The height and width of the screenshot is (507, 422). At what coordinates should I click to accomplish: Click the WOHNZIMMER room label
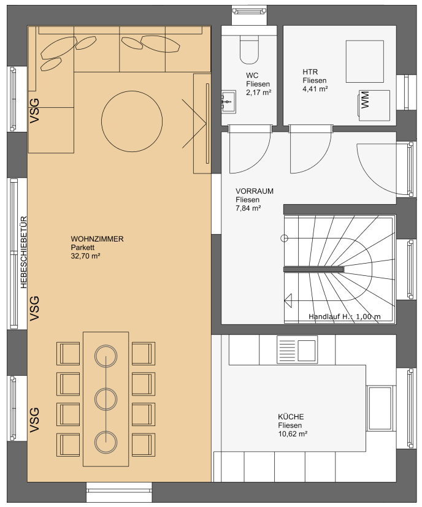97,239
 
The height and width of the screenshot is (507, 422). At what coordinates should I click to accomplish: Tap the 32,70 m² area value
85,256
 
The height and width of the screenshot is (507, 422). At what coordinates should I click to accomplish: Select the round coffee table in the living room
132,121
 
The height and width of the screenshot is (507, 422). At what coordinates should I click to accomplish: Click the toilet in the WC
249,49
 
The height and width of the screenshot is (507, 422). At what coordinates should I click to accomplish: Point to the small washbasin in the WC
229,102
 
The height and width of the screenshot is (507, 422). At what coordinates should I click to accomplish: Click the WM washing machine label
365,100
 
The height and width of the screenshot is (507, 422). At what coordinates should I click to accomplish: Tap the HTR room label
310,72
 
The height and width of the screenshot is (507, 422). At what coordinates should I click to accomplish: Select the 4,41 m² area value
315,89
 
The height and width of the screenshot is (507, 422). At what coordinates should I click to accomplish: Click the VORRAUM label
255,191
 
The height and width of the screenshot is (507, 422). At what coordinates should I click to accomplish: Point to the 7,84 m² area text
248,208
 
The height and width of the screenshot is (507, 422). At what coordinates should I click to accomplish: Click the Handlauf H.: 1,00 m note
345,316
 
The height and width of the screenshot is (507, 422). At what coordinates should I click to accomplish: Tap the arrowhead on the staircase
288,300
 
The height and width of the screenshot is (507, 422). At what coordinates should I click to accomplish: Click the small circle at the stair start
284,238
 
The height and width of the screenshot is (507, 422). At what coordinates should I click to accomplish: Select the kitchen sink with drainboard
297,349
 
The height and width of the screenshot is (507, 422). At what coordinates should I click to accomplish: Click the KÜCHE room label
291,417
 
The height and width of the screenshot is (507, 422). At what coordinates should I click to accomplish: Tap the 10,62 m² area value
293,434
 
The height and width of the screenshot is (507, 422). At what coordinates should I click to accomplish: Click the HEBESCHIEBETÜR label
24,252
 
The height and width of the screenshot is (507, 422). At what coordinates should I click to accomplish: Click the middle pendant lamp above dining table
106,399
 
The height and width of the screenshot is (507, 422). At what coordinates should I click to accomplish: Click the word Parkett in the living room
83,248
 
